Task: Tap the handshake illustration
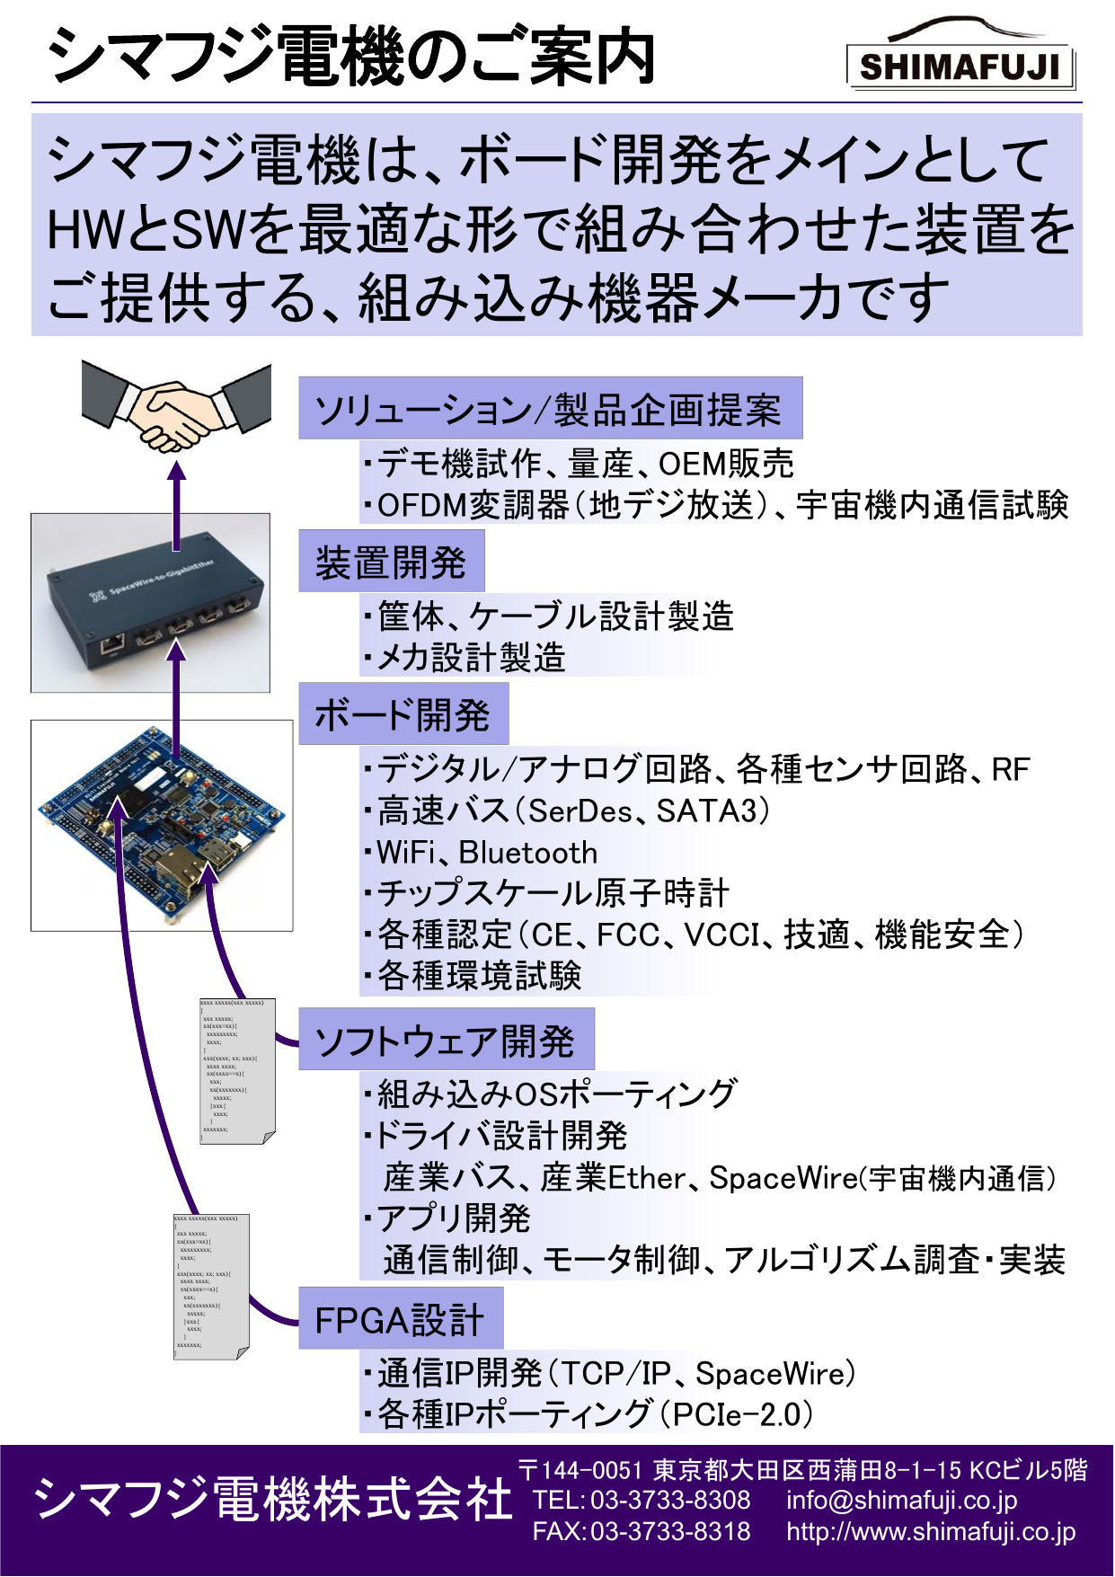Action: pos(176,409)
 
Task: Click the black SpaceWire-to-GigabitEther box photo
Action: pos(150,603)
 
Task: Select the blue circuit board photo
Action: pos(162,825)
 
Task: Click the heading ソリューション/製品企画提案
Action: pos(549,410)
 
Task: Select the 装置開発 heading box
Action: pos(391,563)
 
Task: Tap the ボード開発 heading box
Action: pos(403,715)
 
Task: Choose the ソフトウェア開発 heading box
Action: pos(446,1041)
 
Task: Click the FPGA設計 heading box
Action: pos(400,1319)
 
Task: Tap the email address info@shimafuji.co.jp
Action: pos(901,1500)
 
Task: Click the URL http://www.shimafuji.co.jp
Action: pos(931,1531)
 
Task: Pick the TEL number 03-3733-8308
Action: pos(670,1500)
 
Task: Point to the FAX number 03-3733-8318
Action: pos(670,1531)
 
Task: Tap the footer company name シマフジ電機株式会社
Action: pos(272,1499)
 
